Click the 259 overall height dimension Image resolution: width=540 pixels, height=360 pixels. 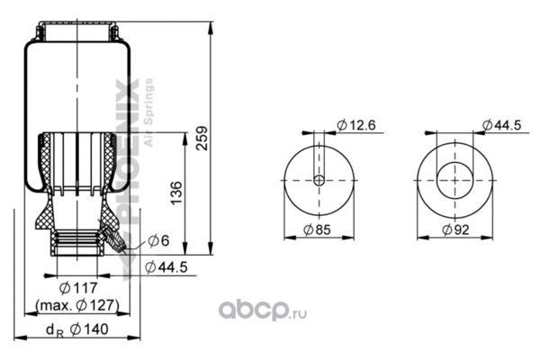click(202, 138)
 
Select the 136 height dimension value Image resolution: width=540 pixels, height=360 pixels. click(176, 193)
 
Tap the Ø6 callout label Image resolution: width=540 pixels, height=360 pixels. click(158, 240)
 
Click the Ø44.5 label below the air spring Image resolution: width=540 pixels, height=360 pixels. click(166, 267)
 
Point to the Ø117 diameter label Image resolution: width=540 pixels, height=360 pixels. click(78, 288)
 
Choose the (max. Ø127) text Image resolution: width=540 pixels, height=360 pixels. click(77, 305)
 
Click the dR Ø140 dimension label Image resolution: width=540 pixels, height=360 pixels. click(77, 329)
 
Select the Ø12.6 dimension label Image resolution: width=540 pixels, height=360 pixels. click(356, 125)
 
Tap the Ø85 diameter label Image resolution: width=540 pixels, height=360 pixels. click(317, 229)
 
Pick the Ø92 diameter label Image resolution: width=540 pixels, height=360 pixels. click(455, 229)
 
